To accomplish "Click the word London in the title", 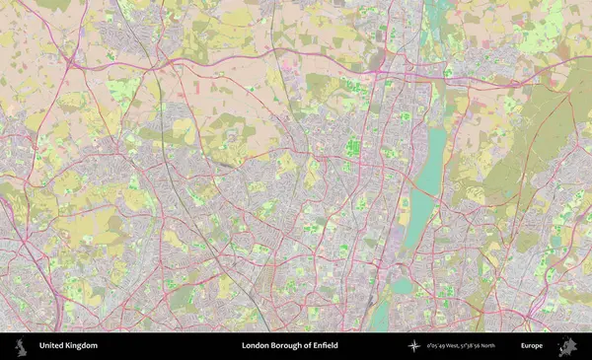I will pyautogui.click(x=257, y=346).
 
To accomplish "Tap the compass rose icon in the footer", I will pyautogui.click(x=414, y=346).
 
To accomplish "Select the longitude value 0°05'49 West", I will pyautogui.click(x=444, y=346).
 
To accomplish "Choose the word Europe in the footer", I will pyautogui.click(x=532, y=346).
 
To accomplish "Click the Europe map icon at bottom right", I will pyautogui.click(x=567, y=346).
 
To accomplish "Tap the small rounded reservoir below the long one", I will pyautogui.click(x=402, y=286).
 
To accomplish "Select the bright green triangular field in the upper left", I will pyautogui.click(x=123, y=92).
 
